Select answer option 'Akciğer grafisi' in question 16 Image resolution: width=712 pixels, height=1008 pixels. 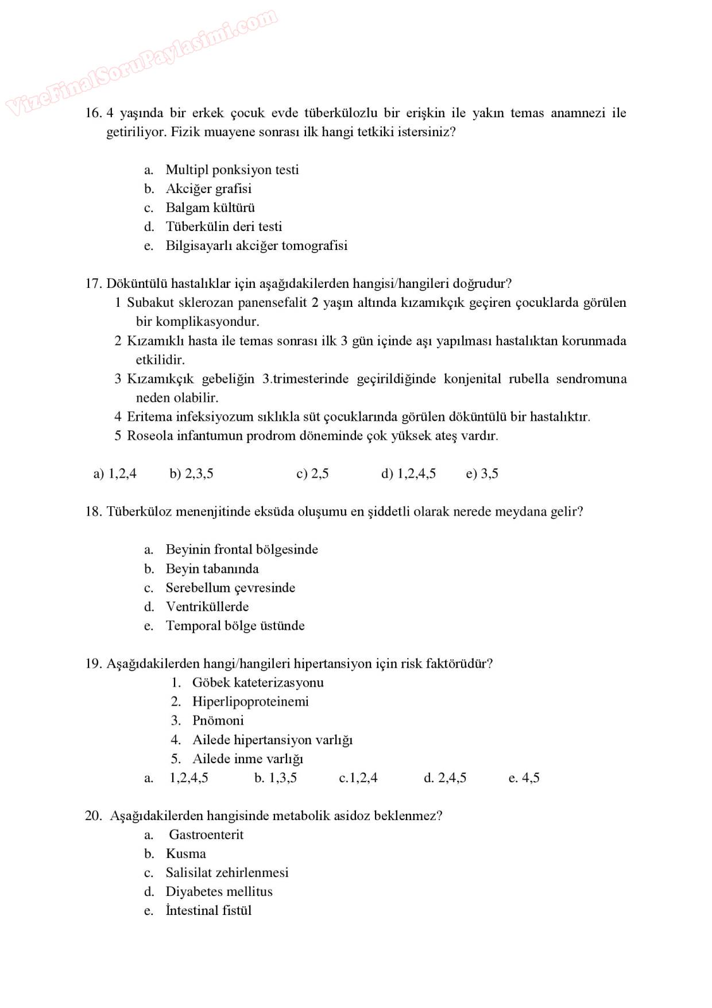208,188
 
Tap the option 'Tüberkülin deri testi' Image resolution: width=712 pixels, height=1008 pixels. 223,226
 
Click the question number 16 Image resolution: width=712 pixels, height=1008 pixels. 93,113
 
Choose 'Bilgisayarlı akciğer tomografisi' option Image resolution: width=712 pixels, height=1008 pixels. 256,245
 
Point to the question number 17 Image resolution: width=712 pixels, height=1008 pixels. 93,283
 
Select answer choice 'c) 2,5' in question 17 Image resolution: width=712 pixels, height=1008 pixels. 312,474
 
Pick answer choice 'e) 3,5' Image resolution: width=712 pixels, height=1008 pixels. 482,474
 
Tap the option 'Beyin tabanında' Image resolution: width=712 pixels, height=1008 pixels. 212,568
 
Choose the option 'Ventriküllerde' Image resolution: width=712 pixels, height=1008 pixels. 207,606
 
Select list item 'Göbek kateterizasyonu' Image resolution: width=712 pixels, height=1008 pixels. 257,682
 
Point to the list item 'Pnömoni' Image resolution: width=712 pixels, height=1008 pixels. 218,720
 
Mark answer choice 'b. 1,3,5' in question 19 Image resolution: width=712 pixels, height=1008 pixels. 276,778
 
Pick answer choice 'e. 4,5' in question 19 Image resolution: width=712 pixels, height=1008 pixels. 524,778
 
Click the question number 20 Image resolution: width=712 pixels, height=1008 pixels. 93,815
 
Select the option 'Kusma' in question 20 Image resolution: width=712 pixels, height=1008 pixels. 185,853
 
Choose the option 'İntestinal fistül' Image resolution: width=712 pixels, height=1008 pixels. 208,910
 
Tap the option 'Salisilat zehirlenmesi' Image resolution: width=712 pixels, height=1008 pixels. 227,872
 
